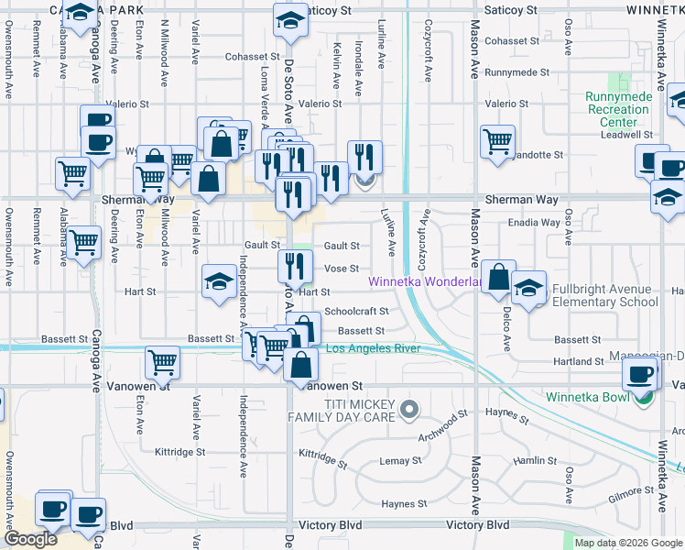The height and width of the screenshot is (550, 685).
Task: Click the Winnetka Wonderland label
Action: (x=425, y=281)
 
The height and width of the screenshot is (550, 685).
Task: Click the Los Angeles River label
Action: (x=373, y=348)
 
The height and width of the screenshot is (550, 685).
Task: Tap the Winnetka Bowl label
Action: (x=591, y=397)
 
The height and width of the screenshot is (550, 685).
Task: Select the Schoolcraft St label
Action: (x=356, y=312)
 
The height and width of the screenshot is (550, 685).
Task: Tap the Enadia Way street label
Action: (x=535, y=223)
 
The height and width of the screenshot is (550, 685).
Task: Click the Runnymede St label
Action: (x=517, y=71)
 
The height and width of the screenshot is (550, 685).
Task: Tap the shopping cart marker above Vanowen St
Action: (x=162, y=363)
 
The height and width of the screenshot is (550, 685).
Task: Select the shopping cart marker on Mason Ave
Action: (x=496, y=142)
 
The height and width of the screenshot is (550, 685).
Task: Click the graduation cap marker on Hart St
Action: (x=219, y=281)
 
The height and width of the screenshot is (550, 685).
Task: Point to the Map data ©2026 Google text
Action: (x=627, y=543)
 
